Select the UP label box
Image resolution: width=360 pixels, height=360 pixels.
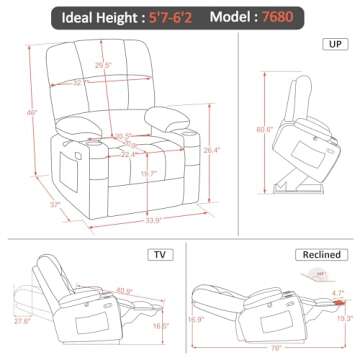coord(330,45)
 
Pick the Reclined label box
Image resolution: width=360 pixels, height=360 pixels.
coord(316,254)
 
